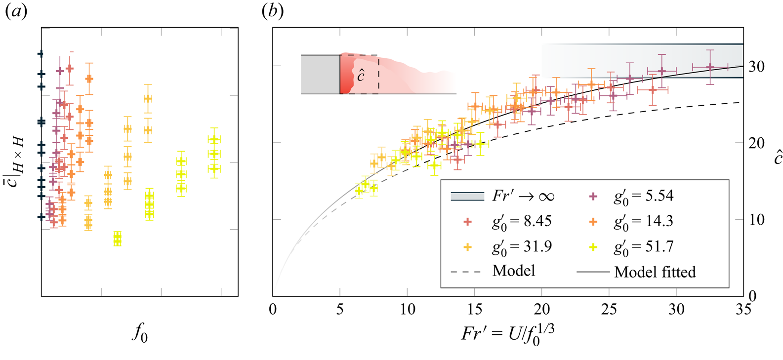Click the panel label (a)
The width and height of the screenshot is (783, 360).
(16, 11)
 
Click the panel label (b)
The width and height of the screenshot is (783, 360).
(272, 11)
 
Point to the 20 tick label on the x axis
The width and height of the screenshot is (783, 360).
(541, 310)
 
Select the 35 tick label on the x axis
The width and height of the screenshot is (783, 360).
(743, 310)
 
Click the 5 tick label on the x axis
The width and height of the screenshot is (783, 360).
(340, 310)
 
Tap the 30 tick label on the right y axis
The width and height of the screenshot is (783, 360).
(756, 66)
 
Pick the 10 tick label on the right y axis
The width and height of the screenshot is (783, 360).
(756, 220)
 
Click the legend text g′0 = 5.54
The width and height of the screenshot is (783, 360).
(643, 197)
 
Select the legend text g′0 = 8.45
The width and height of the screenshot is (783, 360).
(522, 222)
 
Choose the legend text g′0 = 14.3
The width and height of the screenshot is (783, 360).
(643, 222)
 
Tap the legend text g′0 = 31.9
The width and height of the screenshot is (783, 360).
(522, 247)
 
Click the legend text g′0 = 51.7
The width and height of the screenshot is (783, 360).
(643, 247)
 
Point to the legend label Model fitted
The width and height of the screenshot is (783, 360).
(655, 272)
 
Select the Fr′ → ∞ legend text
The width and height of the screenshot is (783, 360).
(523, 197)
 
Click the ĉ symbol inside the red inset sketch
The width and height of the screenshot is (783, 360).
(361, 75)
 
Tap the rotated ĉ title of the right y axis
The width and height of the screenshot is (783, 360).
(777, 158)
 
